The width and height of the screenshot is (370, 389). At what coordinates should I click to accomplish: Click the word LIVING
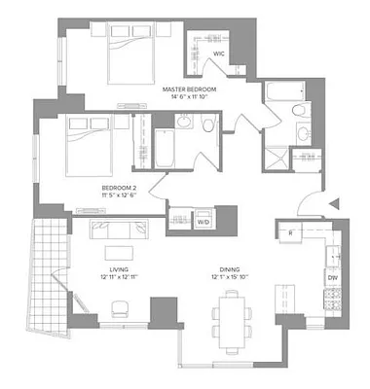click(120, 271)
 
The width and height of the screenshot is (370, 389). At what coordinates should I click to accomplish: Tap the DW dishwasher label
click(332, 278)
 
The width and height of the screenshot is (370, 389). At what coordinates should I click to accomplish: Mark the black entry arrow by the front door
click(335, 203)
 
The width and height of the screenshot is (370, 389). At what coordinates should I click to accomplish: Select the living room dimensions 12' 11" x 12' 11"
click(120, 280)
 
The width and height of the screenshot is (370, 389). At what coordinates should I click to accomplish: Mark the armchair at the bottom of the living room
click(119, 308)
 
